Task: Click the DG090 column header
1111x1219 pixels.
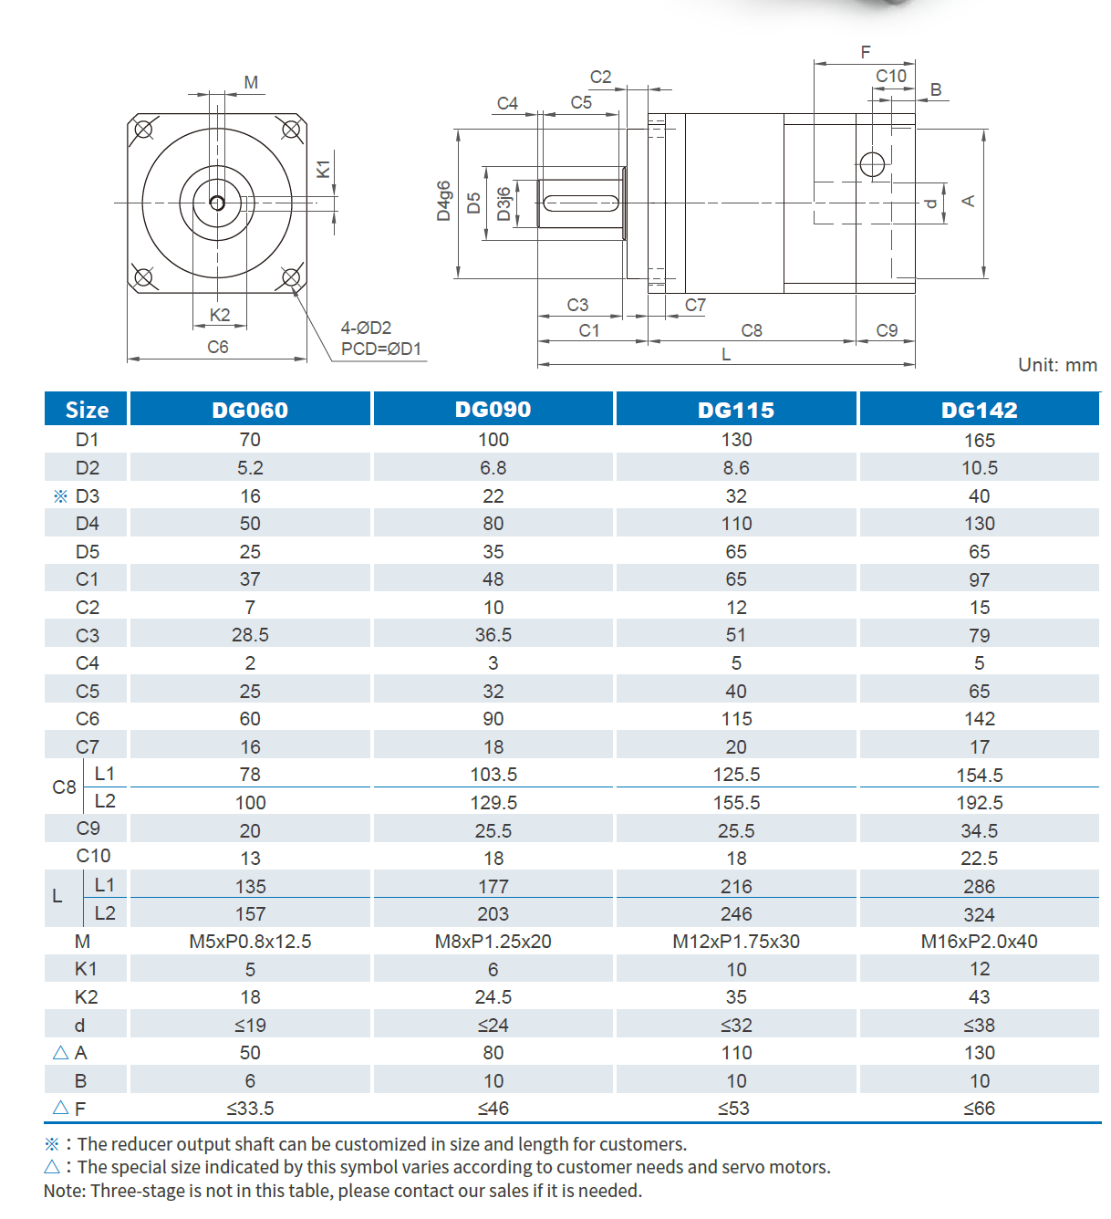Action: click(493, 410)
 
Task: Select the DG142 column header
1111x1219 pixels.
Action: click(979, 410)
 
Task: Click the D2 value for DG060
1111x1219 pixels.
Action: click(250, 468)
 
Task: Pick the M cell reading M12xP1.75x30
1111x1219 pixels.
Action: click(735, 942)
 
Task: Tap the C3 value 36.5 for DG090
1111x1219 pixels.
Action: click(493, 635)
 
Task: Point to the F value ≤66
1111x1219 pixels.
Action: click(979, 1109)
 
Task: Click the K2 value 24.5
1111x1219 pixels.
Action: click(493, 997)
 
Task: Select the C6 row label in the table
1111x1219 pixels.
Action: click(88, 719)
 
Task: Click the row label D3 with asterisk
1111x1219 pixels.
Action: click(77, 496)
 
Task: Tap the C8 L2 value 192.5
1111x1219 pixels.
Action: click(979, 803)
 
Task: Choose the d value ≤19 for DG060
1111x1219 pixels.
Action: click(250, 1026)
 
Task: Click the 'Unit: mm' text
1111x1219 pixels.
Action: click(1056, 365)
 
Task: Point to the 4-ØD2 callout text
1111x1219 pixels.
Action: click(366, 328)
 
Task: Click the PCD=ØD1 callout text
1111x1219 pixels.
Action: click(380, 349)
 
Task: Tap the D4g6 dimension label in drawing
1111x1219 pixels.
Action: click(443, 201)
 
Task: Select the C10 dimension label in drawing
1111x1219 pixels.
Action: click(890, 76)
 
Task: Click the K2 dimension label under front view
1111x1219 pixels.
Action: click(219, 315)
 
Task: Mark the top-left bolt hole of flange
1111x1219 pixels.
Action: click(143, 129)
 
